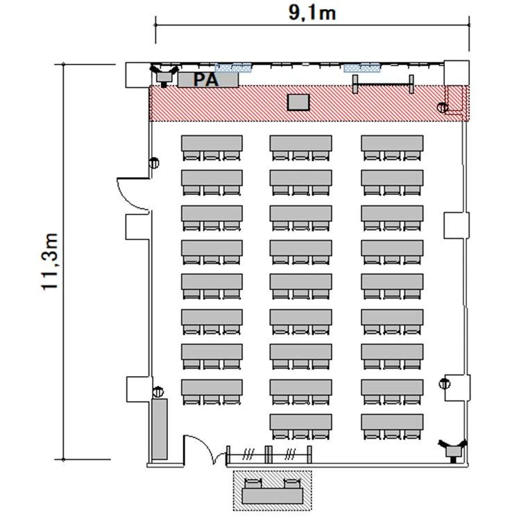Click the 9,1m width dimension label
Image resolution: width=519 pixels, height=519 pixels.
tap(312, 12)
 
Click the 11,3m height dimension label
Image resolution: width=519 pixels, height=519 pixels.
tap(50, 262)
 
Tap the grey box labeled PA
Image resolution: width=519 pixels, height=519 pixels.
tap(208, 80)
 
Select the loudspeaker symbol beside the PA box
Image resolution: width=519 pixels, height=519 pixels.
tap(164, 76)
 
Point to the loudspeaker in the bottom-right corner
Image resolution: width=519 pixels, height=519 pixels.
tap(453, 450)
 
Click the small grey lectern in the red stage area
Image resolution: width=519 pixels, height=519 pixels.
tap(298, 102)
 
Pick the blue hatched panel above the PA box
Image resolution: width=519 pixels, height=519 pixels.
tap(233, 68)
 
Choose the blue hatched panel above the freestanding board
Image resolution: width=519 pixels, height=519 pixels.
tap(361, 68)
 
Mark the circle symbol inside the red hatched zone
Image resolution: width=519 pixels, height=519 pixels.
tap(442, 108)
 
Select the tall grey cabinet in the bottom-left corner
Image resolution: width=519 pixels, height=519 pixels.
tap(160, 429)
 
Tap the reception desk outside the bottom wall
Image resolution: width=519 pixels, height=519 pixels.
tap(273, 496)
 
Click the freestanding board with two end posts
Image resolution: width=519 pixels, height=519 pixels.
tap(383, 84)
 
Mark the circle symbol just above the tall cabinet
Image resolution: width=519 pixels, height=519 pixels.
tap(158, 391)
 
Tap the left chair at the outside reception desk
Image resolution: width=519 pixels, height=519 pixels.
tap(253, 483)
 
